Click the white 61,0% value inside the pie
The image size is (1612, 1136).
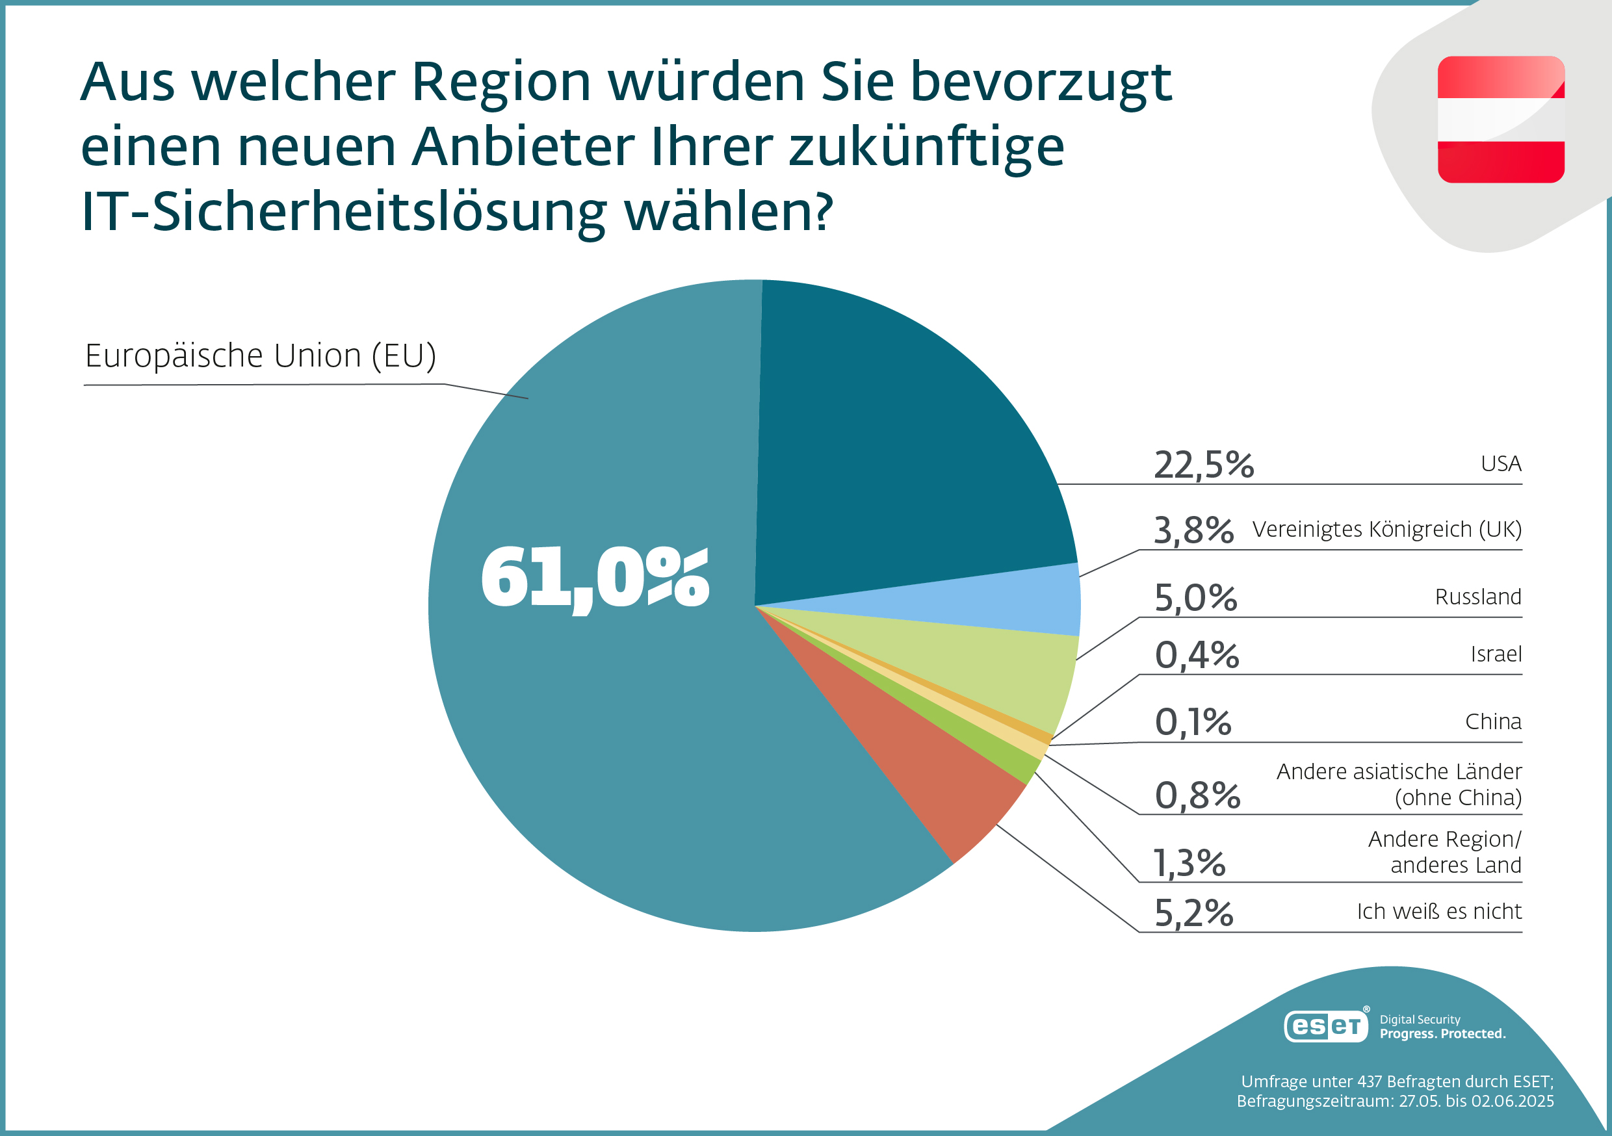595,578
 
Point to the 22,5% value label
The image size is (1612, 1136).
1203,465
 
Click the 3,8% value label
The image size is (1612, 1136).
1193,530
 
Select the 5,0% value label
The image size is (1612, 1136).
1195,598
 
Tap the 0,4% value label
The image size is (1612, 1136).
1197,655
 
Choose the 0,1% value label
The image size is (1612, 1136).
1193,722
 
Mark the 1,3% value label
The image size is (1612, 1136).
1189,863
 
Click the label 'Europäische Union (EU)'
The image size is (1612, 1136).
261,356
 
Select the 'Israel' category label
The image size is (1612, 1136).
1496,654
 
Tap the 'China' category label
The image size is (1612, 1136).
1493,722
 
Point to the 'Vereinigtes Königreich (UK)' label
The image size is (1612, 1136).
1386,530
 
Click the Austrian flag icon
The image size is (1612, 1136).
1501,120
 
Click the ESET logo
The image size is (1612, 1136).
1325,1026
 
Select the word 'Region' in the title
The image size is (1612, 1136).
501,83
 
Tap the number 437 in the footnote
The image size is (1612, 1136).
1370,1081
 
